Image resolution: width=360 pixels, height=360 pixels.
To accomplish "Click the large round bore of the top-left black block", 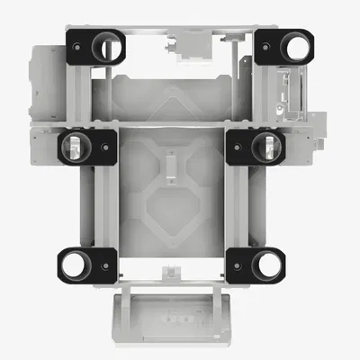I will [x=108, y=44].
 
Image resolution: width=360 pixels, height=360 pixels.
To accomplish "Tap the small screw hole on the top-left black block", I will [x=78, y=43].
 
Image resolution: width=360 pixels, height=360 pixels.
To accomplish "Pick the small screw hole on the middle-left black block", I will [x=105, y=145].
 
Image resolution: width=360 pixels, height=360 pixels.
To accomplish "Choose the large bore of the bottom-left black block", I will [x=74, y=264].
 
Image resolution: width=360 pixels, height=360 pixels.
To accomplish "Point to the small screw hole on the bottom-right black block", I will [x=235, y=265].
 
